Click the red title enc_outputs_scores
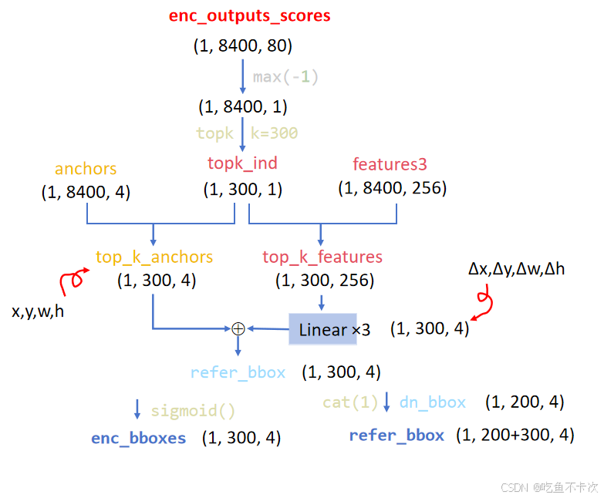[x=249, y=16]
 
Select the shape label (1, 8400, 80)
[x=242, y=46]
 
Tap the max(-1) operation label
[x=285, y=77]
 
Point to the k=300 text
[x=274, y=133]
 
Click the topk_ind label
[x=242, y=163]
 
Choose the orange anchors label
[x=86, y=169]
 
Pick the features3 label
[x=390, y=164]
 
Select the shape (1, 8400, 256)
[x=392, y=188]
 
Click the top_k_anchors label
[x=154, y=257]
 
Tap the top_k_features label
[x=322, y=257]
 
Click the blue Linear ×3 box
[x=323, y=329]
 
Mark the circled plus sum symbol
[x=238, y=328]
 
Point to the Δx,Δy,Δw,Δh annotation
[x=516, y=270]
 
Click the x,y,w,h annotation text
[x=38, y=312]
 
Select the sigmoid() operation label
[x=193, y=411]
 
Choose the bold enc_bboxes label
[x=139, y=438]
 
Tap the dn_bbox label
[x=433, y=402]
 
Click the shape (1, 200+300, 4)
[x=515, y=435]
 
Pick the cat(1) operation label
[x=351, y=402]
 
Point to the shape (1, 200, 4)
[x=525, y=402]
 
